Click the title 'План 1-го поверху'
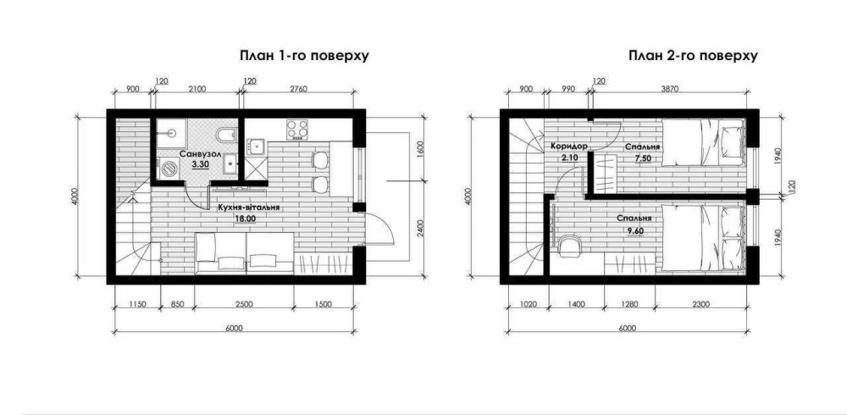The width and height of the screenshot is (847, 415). pos(304,56)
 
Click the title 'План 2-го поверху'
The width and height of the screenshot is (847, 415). pos(693,56)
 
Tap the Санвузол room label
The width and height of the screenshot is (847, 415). pos(201,154)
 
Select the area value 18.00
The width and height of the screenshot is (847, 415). pos(244,219)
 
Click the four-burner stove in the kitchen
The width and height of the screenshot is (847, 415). pos(297,130)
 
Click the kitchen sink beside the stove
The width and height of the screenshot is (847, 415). pos(256,146)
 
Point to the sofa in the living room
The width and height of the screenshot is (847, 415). pos(244,253)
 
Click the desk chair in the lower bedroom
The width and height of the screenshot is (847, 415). pos(569,246)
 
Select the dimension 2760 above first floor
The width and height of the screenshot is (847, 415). pos(296,89)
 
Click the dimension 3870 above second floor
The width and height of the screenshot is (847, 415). pos(669,89)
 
